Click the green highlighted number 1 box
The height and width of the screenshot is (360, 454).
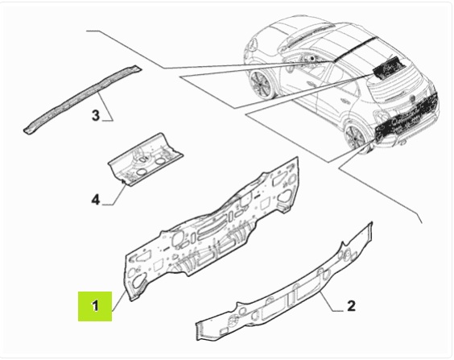(x=95, y=306)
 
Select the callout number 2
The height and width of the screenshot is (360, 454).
(x=351, y=306)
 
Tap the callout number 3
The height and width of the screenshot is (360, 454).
(x=96, y=115)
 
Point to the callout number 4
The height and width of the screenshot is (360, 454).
(x=96, y=200)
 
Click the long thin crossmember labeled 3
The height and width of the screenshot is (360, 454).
(x=83, y=99)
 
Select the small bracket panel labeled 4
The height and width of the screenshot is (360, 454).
(x=145, y=160)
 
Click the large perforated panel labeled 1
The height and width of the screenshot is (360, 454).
(x=212, y=229)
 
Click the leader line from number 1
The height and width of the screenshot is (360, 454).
(x=119, y=301)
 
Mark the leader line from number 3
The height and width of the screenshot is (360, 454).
(x=105, y=107)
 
